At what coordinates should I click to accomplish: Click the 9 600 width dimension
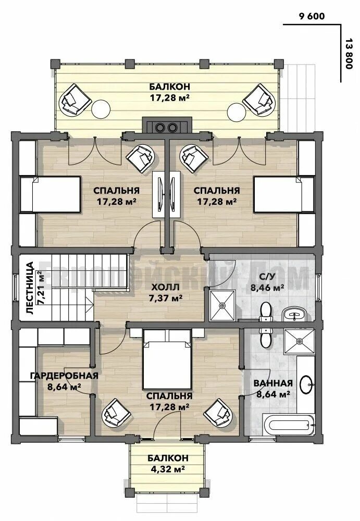pyautogui.click(x=312, y=16)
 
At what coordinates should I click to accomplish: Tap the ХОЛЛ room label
pyautogui.click(x=165, y=287)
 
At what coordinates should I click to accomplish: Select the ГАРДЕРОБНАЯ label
pyautogui.click(x=64, y=376)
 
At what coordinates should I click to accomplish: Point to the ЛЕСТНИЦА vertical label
pyautogui.click(x=30, y=288)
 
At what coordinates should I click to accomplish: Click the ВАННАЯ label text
pyautogui.click(x=273, y=383)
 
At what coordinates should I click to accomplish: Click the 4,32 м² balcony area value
pyautogui.click(x=168, y=469)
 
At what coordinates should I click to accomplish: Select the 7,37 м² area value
pyautogui.click(x=165, y=298)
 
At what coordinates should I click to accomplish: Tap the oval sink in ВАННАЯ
pyautogui.click(x=306, y=385)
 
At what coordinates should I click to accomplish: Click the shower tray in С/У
pyautogui.click(x=222, y=305)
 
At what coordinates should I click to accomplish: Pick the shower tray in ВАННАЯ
pyautogui.click(x=299, y=342)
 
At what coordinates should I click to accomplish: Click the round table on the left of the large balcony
pyautogui.click(x=101, y=109)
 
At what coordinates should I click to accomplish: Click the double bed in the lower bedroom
pyautogui.click(x=167, y=359)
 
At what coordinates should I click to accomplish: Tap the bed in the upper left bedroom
pyautogui.click(x=50, y=194)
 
